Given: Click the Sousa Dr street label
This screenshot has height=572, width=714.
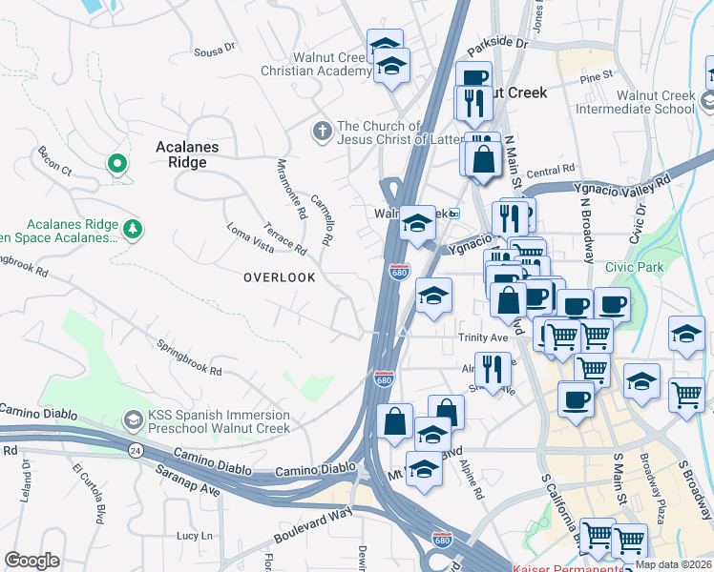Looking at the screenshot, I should tap(214, 48).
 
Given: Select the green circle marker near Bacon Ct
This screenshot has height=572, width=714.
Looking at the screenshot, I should tap(117, 164).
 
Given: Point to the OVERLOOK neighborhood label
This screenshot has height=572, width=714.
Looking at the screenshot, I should tap(279, 277).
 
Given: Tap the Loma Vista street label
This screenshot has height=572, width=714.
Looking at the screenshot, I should tap(250, 238).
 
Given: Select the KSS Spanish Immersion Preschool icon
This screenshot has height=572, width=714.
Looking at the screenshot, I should tap(133, 419).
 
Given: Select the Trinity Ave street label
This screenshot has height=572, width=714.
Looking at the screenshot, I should tap(482, 338).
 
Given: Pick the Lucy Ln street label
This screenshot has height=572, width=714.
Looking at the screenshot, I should tap(194, 537).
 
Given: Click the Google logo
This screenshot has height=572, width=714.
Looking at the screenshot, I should tap(31, 560).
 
